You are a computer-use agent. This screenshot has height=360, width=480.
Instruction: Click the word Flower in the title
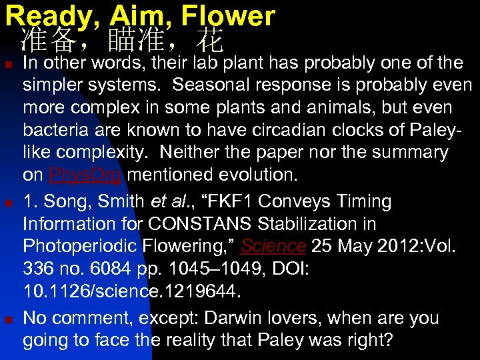tap(227, 15)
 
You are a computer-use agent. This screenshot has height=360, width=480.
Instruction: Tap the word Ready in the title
tap(45, 15)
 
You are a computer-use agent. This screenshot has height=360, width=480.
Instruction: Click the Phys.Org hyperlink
tap(85, 175)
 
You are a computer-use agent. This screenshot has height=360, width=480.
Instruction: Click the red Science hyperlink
tap(273, 246)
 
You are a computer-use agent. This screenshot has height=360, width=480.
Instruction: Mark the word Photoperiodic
tap(79, 246)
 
